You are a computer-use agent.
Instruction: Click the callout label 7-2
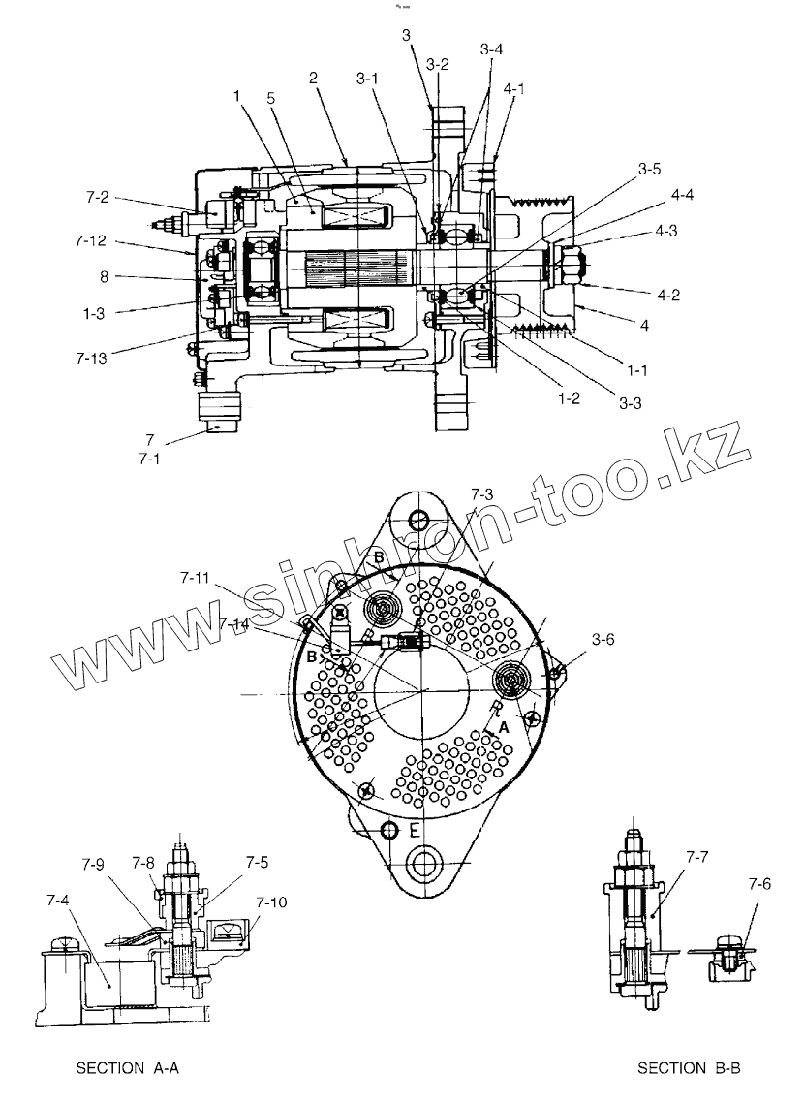(97, 197)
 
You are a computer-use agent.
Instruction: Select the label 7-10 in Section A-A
(272, 902)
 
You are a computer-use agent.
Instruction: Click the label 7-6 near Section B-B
(759, 884)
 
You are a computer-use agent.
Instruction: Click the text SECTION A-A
(128, 1068)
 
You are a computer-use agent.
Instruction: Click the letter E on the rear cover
(415, 832)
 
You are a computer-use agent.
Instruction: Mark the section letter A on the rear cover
(503, 725)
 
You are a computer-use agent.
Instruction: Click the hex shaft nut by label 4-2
(568, 264)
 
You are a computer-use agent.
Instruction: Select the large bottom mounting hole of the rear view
(423, 861)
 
